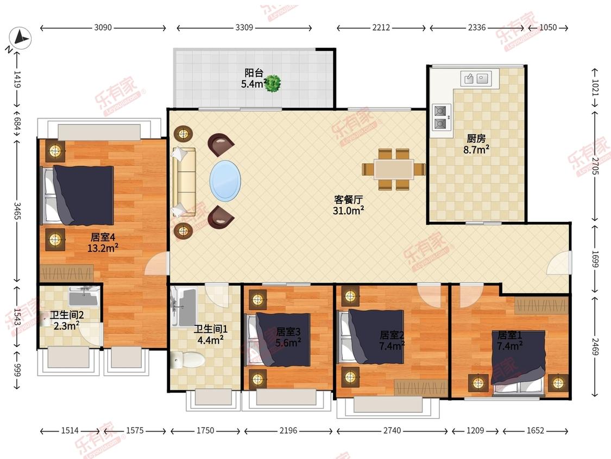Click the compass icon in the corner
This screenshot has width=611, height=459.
coord(20,38)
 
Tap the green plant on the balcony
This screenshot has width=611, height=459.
coord(273,84)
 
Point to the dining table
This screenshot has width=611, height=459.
coord(393,169)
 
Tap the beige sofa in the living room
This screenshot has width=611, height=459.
coord(184,182)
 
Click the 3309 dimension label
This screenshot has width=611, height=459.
coord(244,27)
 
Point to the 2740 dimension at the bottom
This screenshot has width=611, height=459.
coord(392,431)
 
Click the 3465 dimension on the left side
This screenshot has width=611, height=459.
coord(17,210)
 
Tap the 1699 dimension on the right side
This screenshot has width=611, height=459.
coord(595,258)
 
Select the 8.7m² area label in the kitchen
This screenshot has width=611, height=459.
coord(476,150)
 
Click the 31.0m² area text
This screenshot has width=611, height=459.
coord(348,211)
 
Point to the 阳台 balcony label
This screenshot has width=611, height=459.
coord(254,72)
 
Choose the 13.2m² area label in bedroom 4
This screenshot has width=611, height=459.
coord(103,248)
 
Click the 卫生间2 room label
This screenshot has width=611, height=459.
coord(67,315)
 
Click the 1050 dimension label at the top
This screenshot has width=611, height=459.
coord(548,27)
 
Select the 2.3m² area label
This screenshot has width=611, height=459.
coord(67,326)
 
